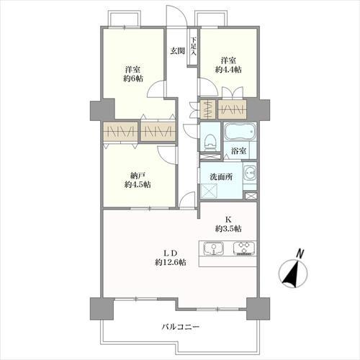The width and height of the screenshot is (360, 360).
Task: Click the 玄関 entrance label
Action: pos(177,51)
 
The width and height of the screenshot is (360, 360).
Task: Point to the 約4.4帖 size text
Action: pos(229,69)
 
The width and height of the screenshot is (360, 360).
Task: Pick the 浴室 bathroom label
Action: pos(239,150)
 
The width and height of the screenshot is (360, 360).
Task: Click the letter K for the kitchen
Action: pos(228,218)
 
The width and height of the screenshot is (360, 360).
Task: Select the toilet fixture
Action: pos(208,141)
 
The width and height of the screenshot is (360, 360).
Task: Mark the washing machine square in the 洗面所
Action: pos(211,191)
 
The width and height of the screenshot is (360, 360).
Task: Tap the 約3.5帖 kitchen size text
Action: pos(228,228)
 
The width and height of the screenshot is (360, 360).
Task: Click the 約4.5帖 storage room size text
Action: pos(137,184)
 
